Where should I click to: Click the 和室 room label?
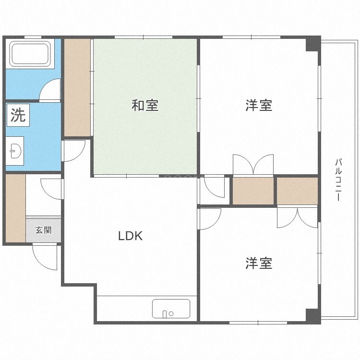click(145, 106)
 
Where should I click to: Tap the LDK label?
click(131, 236)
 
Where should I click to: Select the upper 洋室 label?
click(259, 106)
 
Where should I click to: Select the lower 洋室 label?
click(259, 263)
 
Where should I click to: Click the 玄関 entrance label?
click(43, 230)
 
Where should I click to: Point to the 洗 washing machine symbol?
click(18, 116)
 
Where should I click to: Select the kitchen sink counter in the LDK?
click(171, 308)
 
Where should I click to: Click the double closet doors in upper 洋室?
click(253, 165)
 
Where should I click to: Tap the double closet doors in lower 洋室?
click(297, 217)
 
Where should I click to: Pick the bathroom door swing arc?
click(50, 90)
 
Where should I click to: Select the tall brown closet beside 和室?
click(77, 87)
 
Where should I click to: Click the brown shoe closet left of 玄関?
click(15, 208)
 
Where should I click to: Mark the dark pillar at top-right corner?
click(313, 44)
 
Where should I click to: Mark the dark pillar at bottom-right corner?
click(313, 316)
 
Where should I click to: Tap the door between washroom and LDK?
click(74, 150)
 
